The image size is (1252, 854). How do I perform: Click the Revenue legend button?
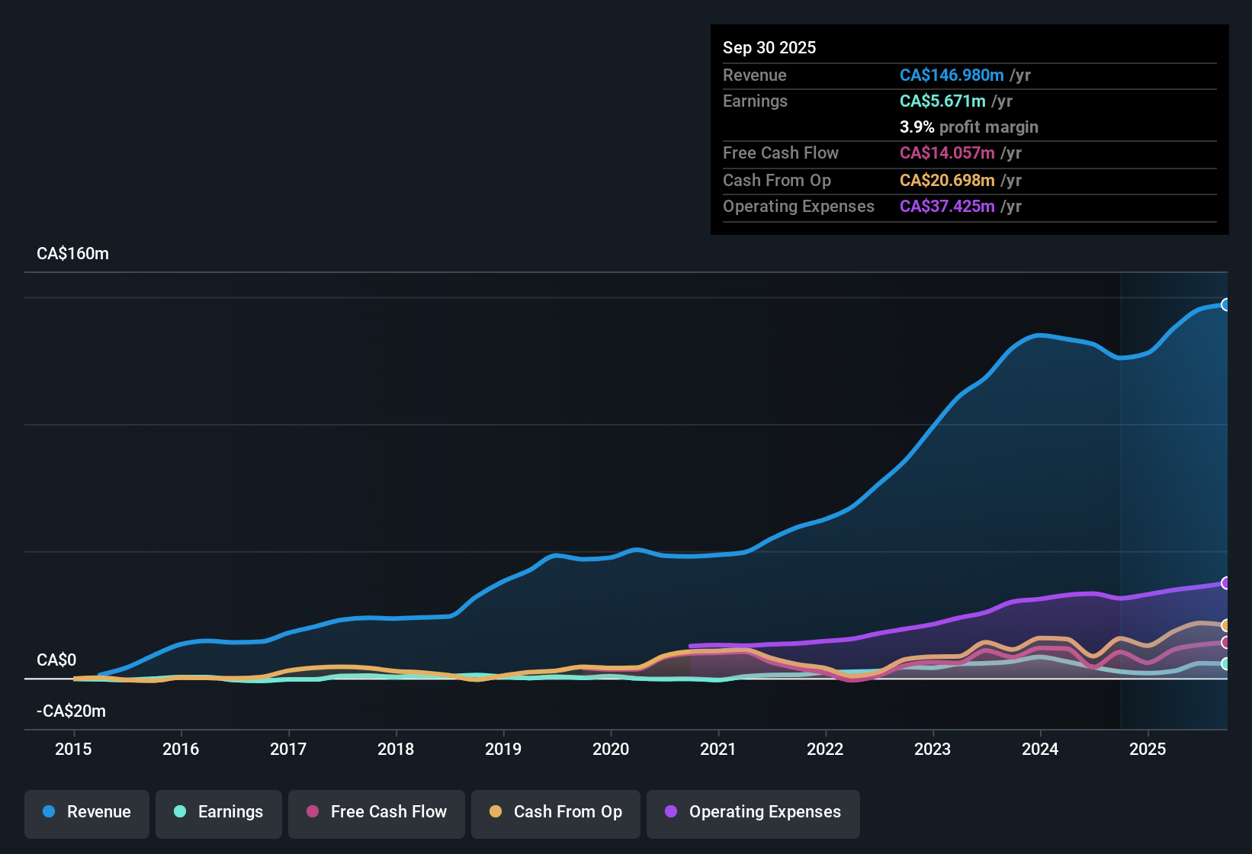pos(87,812)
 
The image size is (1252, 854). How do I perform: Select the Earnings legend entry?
pos(219,812)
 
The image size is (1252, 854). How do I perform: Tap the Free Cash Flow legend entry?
pos(377,812)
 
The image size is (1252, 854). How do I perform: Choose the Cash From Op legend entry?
pos(556,812)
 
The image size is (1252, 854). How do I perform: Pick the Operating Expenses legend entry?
pos(753,812)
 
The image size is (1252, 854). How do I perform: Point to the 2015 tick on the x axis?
pos(73,749)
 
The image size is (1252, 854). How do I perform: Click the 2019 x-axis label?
pos(503,749)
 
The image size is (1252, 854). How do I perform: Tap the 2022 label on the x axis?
pos(825,749)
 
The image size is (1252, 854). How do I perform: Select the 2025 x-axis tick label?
pos(1148,749)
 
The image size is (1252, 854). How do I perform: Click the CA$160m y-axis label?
pos(72,254)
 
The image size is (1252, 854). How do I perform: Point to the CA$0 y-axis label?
pos(56,660)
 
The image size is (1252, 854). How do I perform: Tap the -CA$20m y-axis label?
pos(71,711)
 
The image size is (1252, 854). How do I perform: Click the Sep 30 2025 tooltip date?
pos(769,48)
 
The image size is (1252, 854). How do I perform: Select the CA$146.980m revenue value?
pos(952,75)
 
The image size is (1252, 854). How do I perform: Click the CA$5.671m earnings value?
pos(942,101)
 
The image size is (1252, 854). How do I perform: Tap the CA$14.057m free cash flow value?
pos(947,153)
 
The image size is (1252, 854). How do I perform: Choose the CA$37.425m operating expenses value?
pos(947,207)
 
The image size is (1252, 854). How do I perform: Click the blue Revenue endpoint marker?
pos(1225,305)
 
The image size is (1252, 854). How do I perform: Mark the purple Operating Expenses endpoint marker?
pos(1225,583)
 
